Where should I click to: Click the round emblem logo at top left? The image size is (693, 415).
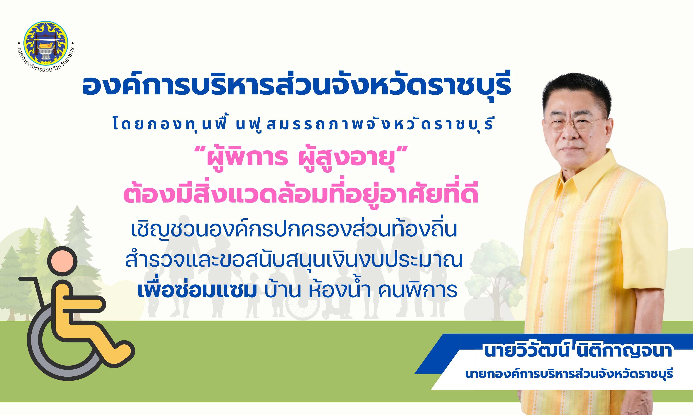(x=46, y=43)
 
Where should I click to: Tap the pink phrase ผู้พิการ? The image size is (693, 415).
(x=247, y=157)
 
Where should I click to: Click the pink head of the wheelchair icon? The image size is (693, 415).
(x=62, y=262)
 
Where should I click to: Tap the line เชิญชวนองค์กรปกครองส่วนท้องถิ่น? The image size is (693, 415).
(x=294, y=229)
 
